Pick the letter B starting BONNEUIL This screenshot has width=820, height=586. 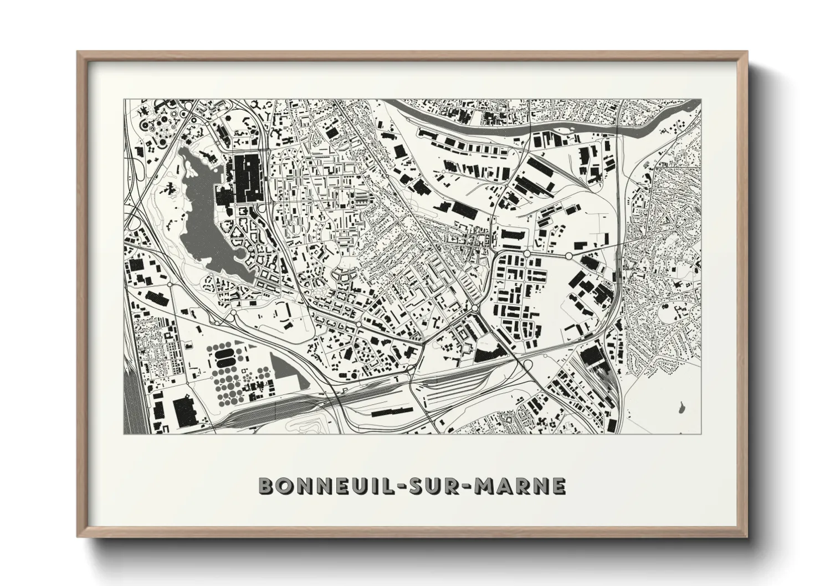click(x=266, y=486)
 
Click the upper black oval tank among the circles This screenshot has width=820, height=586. click(x=224, y=352)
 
